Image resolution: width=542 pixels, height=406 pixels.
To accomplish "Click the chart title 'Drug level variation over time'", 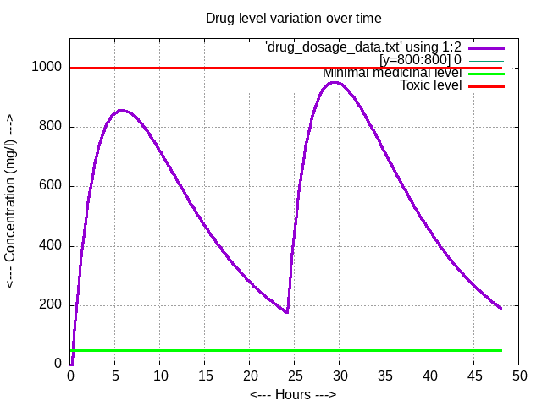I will click(293, 18).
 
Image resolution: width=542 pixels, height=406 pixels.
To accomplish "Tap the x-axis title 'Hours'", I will click(293, 395).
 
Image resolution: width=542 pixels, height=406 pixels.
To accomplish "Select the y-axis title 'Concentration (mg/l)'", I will click(11, 201).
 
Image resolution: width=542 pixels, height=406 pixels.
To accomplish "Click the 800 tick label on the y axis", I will click(51, 127).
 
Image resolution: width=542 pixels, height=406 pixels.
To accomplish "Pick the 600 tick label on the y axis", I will click(51, 186).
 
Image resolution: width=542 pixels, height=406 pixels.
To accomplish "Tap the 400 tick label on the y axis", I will click(51, 246).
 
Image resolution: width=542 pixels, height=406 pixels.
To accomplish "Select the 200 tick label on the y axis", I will click(51, 305).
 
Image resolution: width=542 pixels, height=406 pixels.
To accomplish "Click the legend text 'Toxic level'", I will click(430, 85).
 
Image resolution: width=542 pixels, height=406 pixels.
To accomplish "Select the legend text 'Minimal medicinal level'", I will click(392, 73).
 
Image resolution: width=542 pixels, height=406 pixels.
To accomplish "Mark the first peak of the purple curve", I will click(121, 110).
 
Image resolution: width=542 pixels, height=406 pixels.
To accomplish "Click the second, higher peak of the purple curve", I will click(335, 82).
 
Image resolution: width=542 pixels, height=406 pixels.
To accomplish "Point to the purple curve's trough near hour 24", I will click(287, 312).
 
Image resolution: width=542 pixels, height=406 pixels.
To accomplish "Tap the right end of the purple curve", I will click(501, 308).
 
